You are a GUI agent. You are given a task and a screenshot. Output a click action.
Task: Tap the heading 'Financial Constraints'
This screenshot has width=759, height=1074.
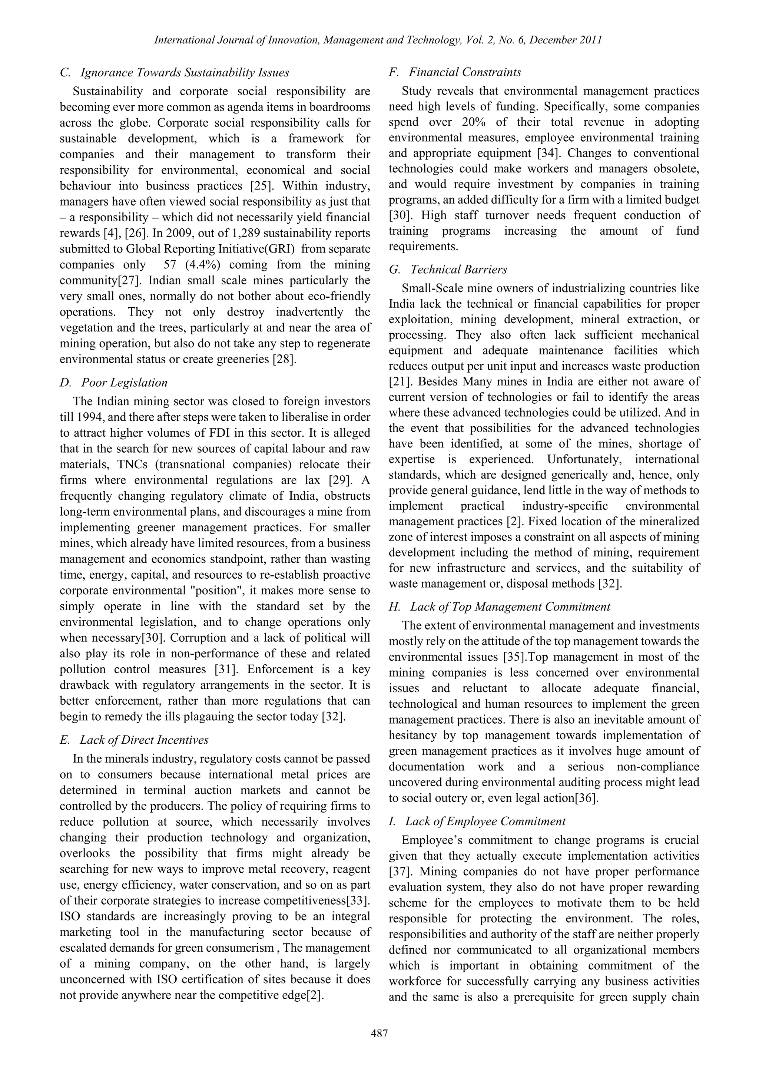pos(465,72)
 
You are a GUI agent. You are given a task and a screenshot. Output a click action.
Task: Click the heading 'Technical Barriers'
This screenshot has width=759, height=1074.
pos(458,270)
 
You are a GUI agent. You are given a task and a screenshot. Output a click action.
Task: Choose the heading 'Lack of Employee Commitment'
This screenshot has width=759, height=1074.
pos(485,822)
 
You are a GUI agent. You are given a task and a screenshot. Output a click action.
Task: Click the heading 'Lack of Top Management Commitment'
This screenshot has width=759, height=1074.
pos(510,607)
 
